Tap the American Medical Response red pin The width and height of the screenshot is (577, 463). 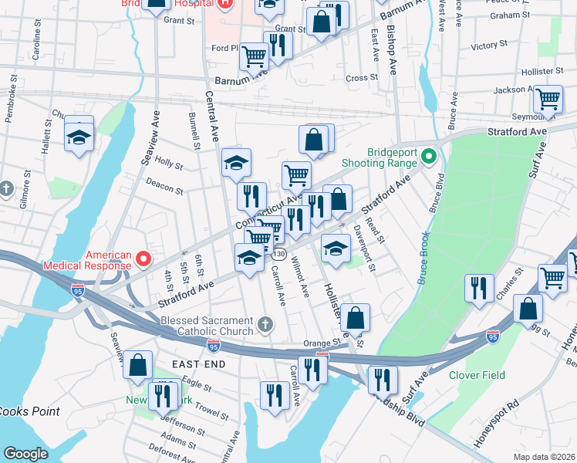(143, 258)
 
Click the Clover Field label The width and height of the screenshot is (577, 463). (477, 375)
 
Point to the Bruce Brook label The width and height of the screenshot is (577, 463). (422, 258)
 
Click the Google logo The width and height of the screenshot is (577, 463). (25, 454)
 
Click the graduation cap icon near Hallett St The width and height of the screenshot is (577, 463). (78, 137)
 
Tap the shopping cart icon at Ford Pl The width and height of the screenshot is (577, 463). (253, 55)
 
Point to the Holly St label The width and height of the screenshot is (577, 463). (168, 164)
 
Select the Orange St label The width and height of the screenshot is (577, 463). (321, 343)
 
